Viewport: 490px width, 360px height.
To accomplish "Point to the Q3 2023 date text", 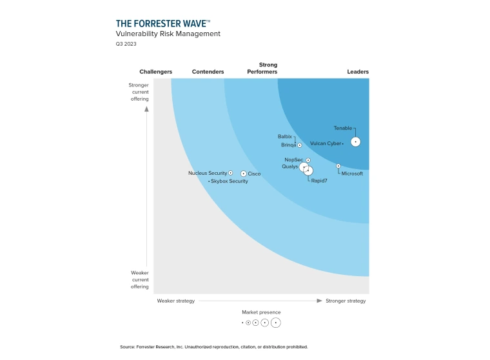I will (126, 44).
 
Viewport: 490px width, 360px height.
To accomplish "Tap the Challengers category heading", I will (156, 72).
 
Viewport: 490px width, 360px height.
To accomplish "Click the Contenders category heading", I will (208, 72).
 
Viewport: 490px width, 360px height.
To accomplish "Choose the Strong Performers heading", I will (262, 68).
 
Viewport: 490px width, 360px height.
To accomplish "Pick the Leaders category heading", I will (358, 72).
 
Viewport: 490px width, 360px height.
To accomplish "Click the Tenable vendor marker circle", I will (355, 142).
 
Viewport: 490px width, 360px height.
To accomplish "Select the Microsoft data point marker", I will (338, 166).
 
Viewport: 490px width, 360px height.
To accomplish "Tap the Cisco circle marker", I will (243, 174).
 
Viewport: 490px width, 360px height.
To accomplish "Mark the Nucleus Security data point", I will (231, 173).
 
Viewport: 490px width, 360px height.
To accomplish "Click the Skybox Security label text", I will (230, 181).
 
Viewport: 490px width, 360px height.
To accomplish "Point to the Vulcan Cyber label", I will (325, 143).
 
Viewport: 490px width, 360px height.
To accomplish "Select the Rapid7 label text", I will (319, 181).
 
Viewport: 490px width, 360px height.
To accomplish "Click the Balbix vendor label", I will (284, 137).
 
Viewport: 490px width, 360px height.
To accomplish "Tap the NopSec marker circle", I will (308, 160).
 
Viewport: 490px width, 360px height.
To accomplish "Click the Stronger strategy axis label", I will (345, 301).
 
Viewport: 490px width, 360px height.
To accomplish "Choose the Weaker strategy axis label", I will (175, 301).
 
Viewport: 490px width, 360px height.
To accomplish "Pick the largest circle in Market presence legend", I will (276, 322).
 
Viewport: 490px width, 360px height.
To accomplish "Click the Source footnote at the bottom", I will (214, 347).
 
